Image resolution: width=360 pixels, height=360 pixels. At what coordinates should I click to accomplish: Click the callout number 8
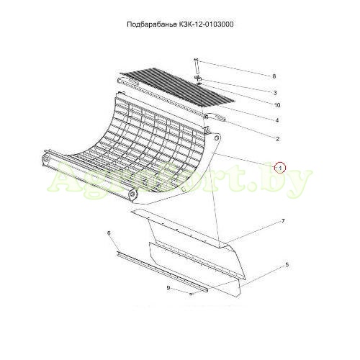[274, 76]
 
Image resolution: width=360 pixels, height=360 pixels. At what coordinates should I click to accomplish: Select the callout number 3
[275, 93]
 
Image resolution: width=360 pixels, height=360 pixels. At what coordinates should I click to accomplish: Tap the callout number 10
[277, 105]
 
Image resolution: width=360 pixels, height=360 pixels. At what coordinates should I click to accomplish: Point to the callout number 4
[277, 120]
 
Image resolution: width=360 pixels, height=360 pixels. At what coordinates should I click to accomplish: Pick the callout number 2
[278, 139]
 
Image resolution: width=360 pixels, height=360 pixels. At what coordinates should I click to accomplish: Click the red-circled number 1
[280, 167]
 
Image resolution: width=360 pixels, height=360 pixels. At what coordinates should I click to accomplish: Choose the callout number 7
[283, 221]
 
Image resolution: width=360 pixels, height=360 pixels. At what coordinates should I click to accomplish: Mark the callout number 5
[287, 265]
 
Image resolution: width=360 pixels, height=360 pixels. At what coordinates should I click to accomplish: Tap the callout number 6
[109, 233]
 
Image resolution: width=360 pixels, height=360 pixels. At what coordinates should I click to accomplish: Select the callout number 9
[168, 288]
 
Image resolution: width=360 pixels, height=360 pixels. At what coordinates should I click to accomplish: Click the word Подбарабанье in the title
[151, 24]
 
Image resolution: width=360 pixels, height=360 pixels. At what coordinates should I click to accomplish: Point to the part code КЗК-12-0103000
[205, 24]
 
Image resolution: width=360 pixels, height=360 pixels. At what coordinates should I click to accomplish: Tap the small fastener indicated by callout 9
[190, 294]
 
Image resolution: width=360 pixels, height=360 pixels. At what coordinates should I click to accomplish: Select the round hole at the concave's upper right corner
[217, 138]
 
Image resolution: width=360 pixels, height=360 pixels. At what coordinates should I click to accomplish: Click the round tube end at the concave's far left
[45, 158]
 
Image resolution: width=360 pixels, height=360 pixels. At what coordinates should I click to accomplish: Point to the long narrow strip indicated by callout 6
[162, 271]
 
